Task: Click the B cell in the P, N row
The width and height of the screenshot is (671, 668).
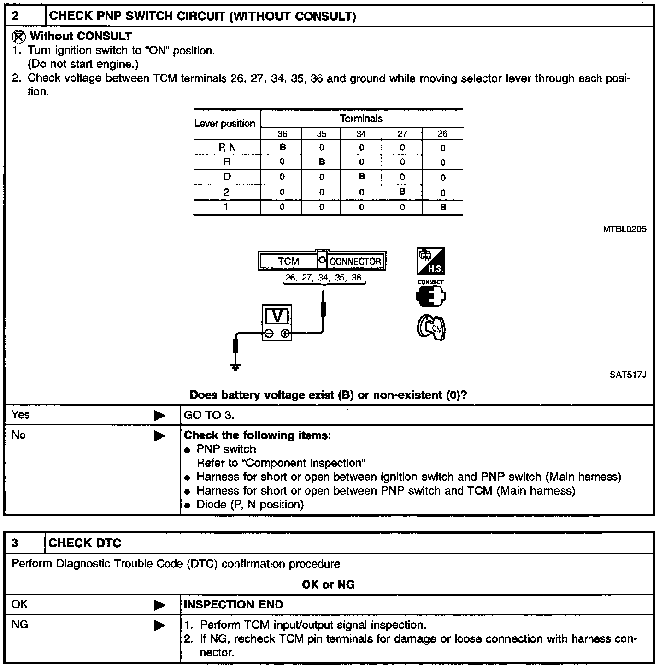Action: point(283,148)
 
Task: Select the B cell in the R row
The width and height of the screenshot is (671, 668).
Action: point(322,162)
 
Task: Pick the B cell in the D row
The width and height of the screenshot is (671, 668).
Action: point(361,177)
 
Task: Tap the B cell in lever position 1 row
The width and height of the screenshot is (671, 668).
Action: point(443,207)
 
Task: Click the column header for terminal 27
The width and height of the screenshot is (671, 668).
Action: point(402,134)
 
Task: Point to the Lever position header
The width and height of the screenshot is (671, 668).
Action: point(224,124)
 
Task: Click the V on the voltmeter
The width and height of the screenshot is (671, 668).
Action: point(277,316)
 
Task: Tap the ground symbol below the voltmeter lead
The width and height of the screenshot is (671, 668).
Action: point(236,367)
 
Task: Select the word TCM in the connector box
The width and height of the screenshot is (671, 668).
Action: point(288,262)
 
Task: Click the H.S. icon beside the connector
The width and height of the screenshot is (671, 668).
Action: point(431,262)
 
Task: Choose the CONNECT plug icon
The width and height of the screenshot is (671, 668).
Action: point(430,296)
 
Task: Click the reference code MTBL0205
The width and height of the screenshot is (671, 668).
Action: point(624,229)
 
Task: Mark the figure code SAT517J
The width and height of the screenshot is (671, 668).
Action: point(628,375)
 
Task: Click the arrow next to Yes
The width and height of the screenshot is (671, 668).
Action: point(159,416)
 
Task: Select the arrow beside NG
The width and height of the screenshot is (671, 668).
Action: point(159,626)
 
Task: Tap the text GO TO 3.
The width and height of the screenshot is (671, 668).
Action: point(209,415)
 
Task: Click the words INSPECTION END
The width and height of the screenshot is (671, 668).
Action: point(233,605)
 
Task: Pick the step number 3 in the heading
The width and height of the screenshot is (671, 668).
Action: point(15,543)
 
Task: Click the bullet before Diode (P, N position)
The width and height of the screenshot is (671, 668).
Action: point(188,506)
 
